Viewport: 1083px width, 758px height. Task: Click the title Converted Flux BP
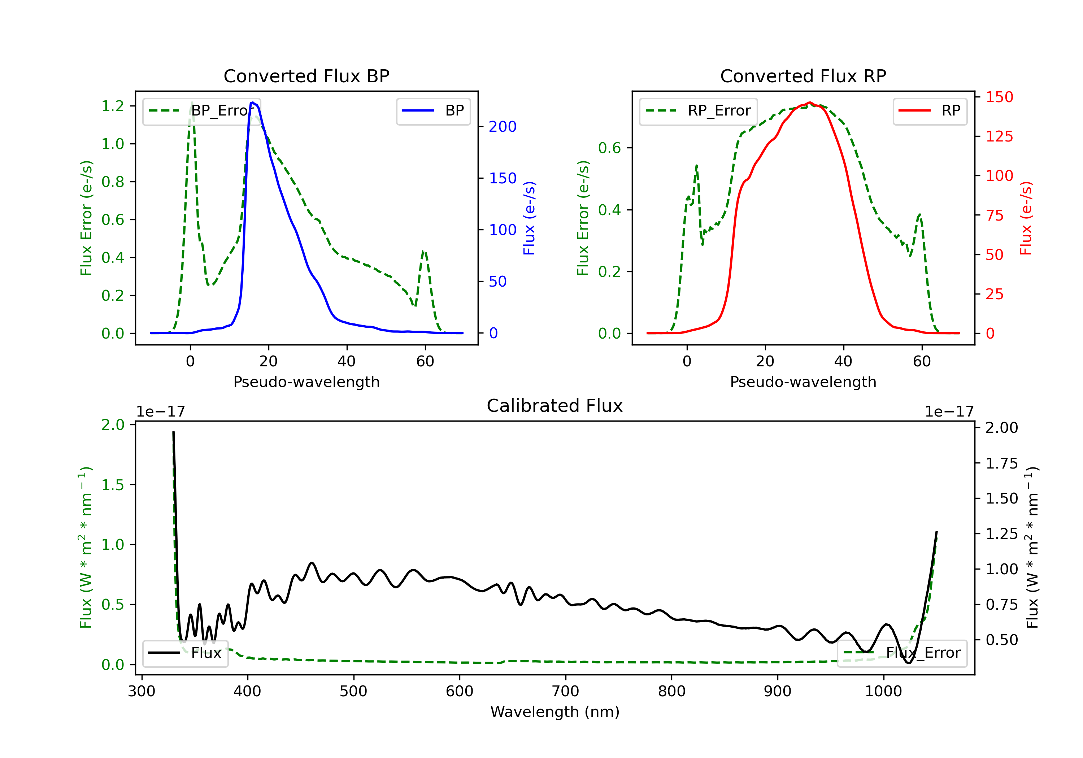[x=306, y=76]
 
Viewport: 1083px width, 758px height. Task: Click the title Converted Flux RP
[x=803, y=76]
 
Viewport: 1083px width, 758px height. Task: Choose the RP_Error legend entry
[x=698, y=111]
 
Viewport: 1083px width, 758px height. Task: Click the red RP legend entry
[x=930, y=111]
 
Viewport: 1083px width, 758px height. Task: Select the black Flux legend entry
[x=186, y=653]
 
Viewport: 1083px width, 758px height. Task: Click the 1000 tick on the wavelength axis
[x=883, y=692]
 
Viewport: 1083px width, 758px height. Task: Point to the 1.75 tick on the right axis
[x=1002, y=463]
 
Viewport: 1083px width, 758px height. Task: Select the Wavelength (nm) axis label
[x=555, y=712]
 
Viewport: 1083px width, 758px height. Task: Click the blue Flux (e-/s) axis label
[x=529, y=218]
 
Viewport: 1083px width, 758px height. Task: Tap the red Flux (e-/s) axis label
[x=1026, y=218]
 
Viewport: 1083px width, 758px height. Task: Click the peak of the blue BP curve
[x=253, y=103]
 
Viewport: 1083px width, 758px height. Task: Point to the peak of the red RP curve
[x=809, y=103]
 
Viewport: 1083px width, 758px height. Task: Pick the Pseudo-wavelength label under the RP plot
[x=803, y=382]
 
